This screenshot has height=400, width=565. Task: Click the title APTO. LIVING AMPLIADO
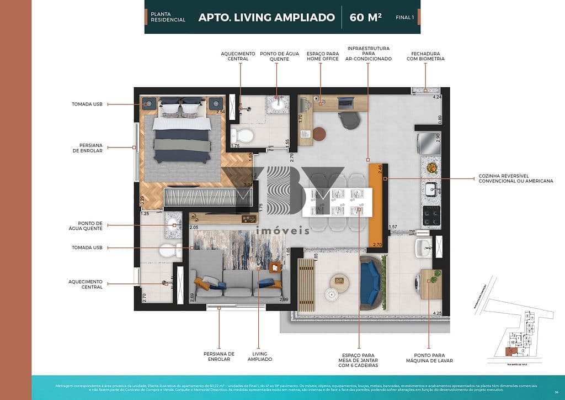266,17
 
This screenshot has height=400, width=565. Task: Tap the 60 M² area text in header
366,17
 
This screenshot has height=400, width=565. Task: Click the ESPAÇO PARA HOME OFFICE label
318,56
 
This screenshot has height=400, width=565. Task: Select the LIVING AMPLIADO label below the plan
259,356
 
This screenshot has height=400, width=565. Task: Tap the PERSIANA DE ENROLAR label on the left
87,148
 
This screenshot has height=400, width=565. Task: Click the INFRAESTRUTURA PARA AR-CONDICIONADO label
369,54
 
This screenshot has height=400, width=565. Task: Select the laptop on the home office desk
345,102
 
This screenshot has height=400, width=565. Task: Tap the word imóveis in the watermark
282,230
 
